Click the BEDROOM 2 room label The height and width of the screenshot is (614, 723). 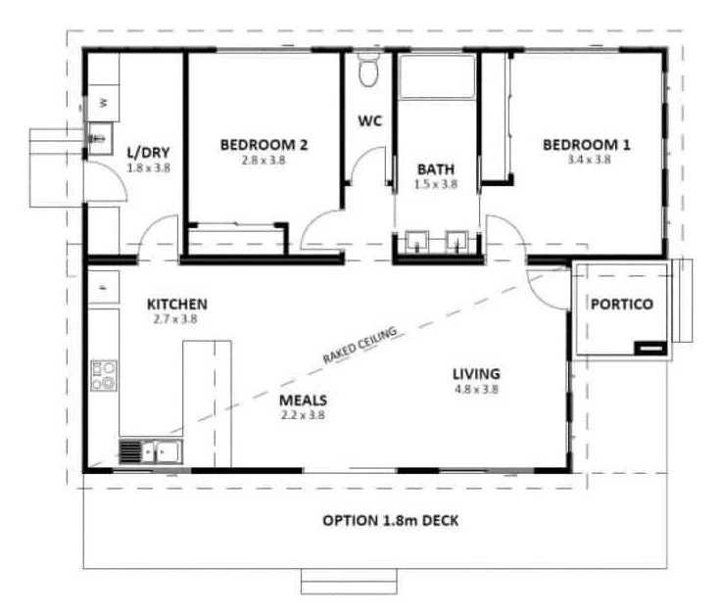264,145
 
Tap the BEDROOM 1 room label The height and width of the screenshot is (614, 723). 587,145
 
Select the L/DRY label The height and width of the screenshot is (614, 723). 148,153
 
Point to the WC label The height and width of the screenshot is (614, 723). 369,121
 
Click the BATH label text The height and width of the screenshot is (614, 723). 435,168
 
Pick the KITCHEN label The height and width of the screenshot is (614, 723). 177,304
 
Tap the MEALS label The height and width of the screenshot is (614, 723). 303,401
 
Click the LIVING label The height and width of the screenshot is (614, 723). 477,373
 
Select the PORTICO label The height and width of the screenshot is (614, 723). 621,304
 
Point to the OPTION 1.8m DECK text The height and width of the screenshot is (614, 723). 391,521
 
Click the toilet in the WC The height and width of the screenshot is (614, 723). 369,72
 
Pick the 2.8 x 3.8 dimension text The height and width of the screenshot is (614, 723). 264,160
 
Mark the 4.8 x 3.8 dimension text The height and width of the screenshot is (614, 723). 477,389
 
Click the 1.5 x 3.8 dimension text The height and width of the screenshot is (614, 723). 435,183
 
